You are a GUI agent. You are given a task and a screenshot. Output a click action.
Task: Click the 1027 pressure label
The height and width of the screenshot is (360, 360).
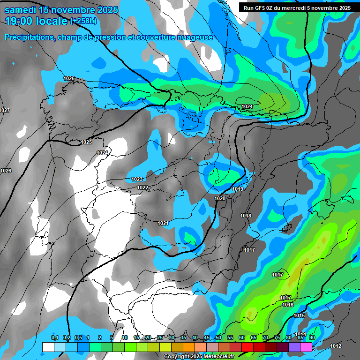click(x=5, y=110)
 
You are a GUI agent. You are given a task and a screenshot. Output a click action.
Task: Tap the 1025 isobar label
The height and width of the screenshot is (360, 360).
click(x=86, y=142)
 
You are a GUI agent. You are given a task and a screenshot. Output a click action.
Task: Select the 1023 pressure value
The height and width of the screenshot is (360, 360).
click(x=137, y=179)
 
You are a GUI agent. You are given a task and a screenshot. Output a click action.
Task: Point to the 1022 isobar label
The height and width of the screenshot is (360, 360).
click(x=142, y=187)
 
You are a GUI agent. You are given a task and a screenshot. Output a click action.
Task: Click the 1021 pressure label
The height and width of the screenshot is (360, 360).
click(x=163, y=223)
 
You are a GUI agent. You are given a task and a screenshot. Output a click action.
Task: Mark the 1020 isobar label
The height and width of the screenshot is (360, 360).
click(x=220, y=198)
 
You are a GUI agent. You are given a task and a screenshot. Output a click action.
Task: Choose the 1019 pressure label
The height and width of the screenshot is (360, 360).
click(x=238, y=189)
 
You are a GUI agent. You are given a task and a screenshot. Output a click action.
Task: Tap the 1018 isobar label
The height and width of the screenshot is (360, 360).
click(x=246, y=216)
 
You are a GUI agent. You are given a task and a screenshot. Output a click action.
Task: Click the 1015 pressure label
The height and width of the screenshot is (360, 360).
click(x=299, y=315)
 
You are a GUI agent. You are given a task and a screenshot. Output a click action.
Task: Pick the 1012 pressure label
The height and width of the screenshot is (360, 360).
click(x=336, y=346)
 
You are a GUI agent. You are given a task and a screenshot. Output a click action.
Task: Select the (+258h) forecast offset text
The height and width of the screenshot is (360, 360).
click(x=83, y=21)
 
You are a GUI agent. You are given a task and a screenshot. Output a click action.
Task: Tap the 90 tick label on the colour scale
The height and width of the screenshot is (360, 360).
click(x=312, y=338)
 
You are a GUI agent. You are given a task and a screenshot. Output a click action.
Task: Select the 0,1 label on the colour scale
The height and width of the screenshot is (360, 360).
click(x=54, y=338)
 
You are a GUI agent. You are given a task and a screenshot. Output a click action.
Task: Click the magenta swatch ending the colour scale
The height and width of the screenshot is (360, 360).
click(x=306, y=347)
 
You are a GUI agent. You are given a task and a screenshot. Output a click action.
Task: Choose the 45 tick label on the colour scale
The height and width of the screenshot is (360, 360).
click(x=207, y=338)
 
